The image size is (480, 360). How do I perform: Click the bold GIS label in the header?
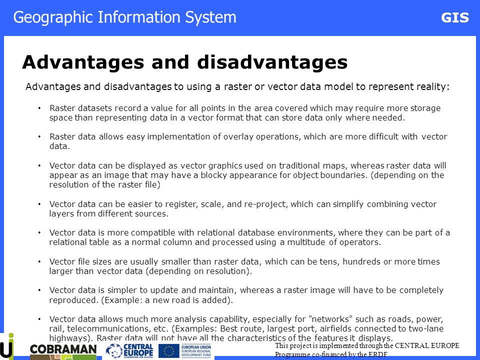(455, 18)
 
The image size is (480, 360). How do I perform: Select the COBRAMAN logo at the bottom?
(63, 349)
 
